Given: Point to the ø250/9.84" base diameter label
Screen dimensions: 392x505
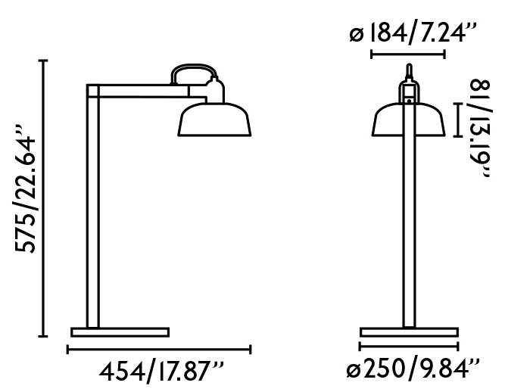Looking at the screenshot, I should pos(412,370).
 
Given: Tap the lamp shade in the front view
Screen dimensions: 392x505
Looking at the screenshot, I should pos(409,122).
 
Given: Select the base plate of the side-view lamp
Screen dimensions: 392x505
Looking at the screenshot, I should pos(120,331).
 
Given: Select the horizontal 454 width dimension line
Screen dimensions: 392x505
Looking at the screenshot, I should pos(159,350).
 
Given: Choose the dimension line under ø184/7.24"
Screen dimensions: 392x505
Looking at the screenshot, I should pos(408,54).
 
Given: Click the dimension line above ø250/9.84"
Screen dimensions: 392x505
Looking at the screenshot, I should pos(410,350).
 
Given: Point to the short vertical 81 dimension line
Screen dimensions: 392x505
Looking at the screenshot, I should pos(458,120).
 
